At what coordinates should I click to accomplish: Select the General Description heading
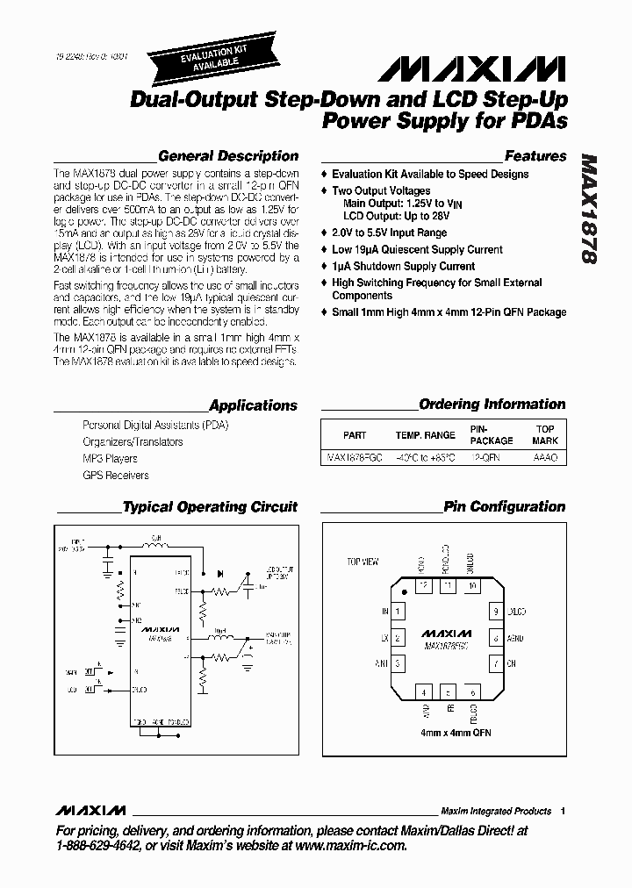point(228,156)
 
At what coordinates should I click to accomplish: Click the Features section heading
point(535,156)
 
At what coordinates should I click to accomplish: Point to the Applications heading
point(254,405)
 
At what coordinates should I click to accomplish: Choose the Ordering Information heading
point(492,405)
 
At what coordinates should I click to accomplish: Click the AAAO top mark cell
point(545,458)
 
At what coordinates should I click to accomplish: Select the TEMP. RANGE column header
point(426,435)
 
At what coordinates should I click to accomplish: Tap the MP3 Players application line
point(110,458)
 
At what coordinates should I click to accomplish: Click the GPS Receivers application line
point(116,475)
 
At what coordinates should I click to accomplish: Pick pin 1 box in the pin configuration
point(398,612)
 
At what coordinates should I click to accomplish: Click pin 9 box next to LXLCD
point(496,612)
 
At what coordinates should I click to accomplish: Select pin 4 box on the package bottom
point(424,691)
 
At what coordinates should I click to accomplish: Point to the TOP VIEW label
point(363,561)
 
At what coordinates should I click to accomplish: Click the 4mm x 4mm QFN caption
point(447,732)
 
